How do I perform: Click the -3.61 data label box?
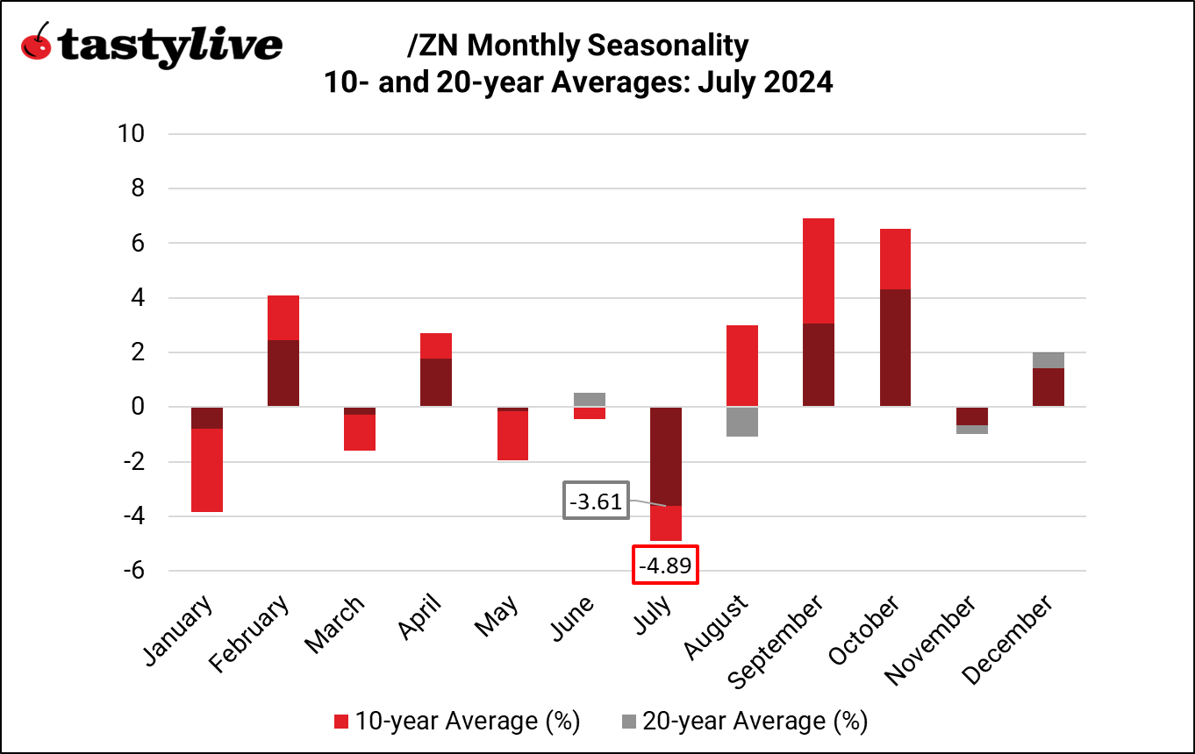(x=597, y=502)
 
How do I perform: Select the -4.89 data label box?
(x=665, y=565)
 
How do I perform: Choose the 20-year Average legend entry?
(x=743, y=721)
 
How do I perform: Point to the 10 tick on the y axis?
(x=129, y=134)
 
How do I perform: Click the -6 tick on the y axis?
(x=132, y=571)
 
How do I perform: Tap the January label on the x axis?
(x=177, y=632)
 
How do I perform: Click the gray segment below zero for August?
(x=741, y=422)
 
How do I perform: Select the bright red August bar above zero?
(x=741, y=366)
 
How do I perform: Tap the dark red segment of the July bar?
(x=665, y=456)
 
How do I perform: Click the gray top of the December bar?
(x=1047, y=360)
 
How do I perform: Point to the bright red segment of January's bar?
(x=207, y=470)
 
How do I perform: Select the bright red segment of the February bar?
(x=283, y=317)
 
